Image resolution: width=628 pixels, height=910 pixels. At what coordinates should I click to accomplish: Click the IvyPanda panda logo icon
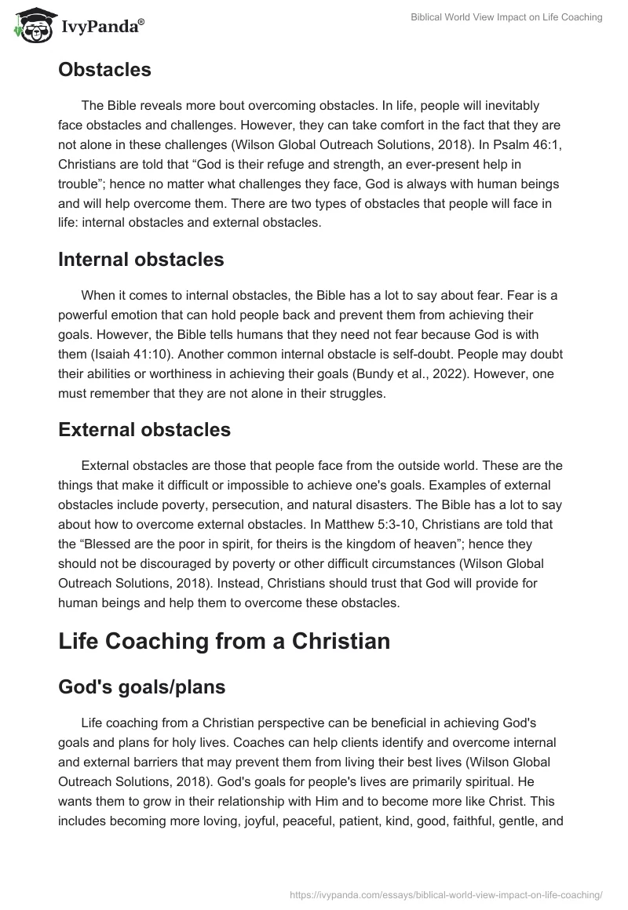(31, 24)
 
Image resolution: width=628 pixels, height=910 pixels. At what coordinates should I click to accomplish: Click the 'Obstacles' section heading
(104, 69)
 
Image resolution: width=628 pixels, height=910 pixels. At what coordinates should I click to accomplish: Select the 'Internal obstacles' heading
(141, 260)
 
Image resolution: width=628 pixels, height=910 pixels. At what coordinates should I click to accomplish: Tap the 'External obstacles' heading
(144, 430)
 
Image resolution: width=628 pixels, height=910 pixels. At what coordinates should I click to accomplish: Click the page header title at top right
(506, 17)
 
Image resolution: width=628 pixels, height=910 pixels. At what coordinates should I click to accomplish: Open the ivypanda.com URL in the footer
(446, 894)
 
